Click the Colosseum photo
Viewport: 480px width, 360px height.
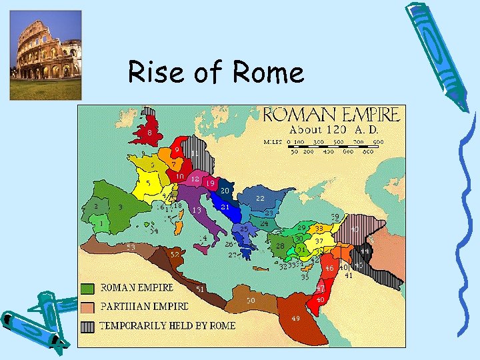(x=45, y=55)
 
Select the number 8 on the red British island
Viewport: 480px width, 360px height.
(x=149, y=133)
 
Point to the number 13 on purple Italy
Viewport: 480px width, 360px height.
(x=197, y=210)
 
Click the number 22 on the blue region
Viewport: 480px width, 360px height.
(x=260, y=199)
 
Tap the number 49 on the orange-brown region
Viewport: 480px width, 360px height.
(x=295, y=318)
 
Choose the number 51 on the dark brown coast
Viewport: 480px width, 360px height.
(x=200, y=289)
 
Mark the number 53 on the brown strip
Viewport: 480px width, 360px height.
(x=131, y=247)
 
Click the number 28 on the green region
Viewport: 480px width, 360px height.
(x=281, y=246)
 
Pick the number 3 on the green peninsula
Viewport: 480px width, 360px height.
(x=120, y=207)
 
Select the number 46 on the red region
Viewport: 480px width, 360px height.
(x=329, y=268)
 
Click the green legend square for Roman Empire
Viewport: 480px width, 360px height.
(x=87, y=288)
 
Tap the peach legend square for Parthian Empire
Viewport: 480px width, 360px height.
(x=87, y=307)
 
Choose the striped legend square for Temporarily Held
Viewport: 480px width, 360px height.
(x=87, y=326)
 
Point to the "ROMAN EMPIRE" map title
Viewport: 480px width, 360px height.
(x=331, y=114)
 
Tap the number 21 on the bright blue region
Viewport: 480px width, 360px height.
(x=225, y=207)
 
